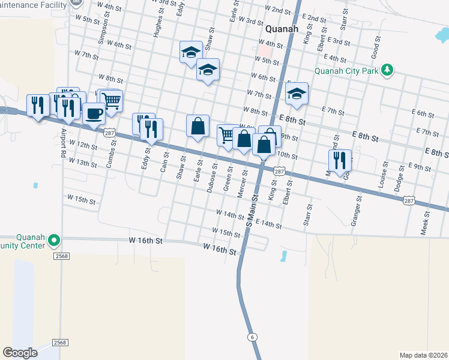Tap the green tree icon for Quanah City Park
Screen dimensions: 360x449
click(388, 70)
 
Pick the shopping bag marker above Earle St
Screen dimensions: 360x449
click(197, 126)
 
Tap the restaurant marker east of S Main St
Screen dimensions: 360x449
click(340, 160)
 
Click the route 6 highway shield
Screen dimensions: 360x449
click(253, 337)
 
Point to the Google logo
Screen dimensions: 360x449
click(20, 353)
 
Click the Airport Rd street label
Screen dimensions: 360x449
click(62, 144)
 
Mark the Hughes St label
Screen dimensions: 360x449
click(158, 24)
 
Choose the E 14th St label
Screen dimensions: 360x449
click(268, 223)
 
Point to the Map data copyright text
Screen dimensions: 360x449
click(423, 355)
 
